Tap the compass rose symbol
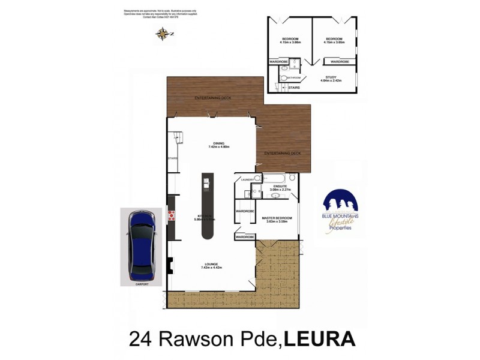(x=161, y=34)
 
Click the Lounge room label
(x=210, y=265)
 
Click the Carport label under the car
(x=141, y=283)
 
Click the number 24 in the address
(x=140, y=338)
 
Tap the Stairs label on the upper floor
(x=294, y=88)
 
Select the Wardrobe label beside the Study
(x=340, y=61)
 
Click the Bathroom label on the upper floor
(x=293, y=77)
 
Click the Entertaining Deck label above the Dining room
(x=213, y=98)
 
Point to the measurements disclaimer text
(x=162, y=14)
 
